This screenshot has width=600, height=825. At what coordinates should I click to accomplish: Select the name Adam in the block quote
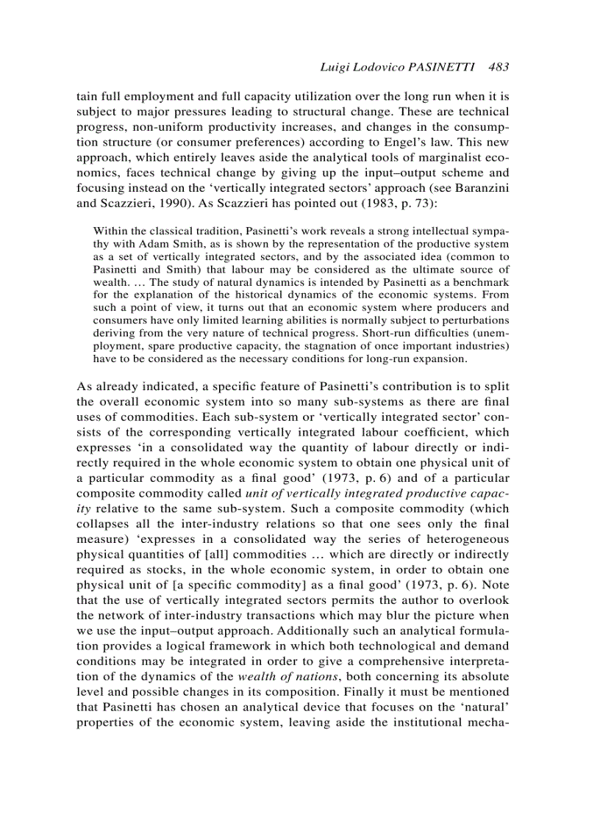pyautogui.click(x=146, y=244)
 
